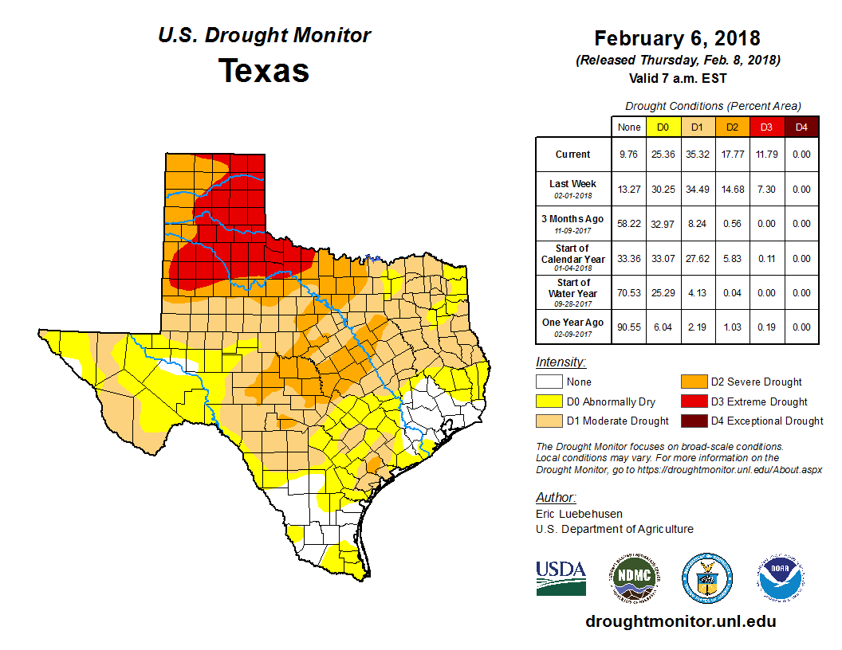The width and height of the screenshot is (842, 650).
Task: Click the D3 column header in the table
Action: (x=765, y=127)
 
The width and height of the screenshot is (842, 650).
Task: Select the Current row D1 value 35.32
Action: (x=697, y=155)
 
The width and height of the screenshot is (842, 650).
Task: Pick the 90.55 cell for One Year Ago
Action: (x=629, y=327)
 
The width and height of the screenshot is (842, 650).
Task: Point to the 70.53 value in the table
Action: (x=629, y=292)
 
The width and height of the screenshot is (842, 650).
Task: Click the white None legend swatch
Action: (x=549, y=382)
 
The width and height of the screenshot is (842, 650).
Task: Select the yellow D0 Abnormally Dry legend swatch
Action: (x=549, y=401)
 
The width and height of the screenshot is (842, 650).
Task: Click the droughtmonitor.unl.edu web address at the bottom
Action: (x=680, y=621)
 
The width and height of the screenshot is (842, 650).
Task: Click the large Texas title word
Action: (x=264, y=70)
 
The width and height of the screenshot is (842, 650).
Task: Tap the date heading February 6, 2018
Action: (x=677, y=38)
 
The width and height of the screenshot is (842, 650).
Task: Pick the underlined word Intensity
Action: (x=561, y=362)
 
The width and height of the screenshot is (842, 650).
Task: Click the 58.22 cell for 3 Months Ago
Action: (x=629, y=224)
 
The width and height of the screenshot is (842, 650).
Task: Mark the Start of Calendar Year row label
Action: (x=572, y=258)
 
